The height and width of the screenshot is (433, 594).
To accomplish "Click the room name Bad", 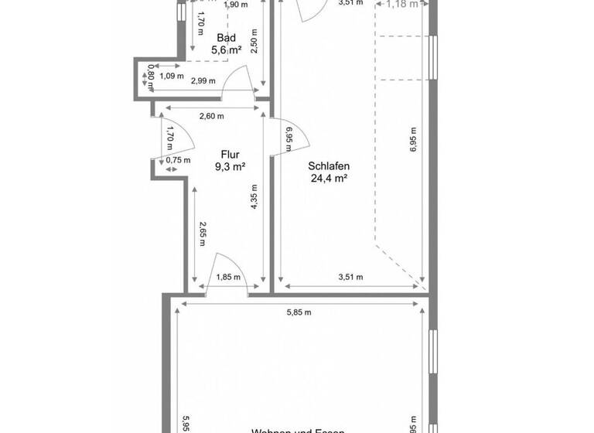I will [226, 38].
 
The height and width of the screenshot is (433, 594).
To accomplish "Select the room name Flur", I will [230, 154].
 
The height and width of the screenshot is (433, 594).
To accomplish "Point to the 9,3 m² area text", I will [230, 166].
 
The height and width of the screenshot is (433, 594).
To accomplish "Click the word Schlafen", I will [329, 165].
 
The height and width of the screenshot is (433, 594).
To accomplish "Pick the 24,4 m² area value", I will [329, 178].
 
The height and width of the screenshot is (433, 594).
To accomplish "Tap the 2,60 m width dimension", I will [211, 117].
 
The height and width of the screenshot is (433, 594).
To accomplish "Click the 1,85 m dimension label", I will [227, 277].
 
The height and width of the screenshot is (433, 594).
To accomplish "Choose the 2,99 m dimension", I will [203, 80].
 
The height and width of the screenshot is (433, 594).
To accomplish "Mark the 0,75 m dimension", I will [178, 160].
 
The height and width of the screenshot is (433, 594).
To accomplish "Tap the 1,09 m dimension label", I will [171, 76].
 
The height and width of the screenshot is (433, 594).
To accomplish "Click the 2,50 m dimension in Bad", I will [254, 42].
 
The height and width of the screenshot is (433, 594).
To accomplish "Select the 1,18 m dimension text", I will [402, 4].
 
